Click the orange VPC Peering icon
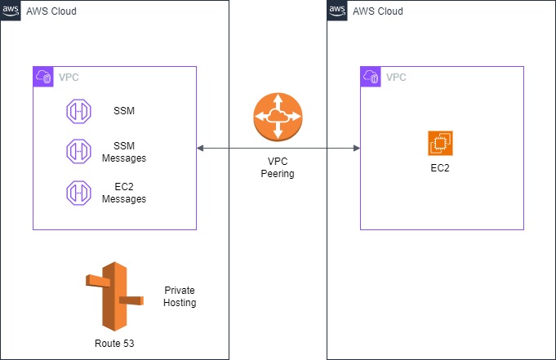point(278,118)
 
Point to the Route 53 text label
point(113,343)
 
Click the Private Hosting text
point(180,296)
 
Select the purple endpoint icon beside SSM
point(79,111)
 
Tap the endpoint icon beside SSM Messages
point(79,151)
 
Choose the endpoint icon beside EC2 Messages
point(79,193)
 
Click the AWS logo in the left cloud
point(11,11)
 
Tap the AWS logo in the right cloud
point(337,11)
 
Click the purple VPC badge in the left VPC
point(43,77)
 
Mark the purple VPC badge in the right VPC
point(370,77)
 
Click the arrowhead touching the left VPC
point(200,149)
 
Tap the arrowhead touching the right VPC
point(356,149)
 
